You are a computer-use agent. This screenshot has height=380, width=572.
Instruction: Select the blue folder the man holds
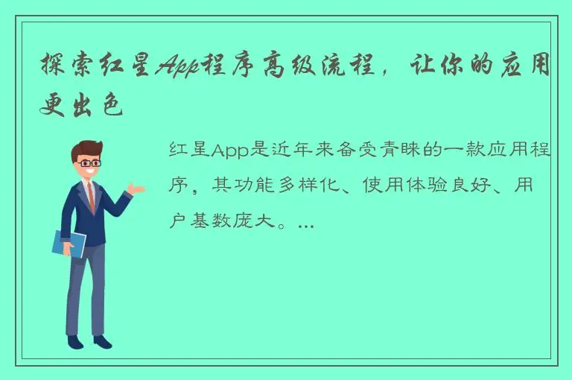pos(69,243)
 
